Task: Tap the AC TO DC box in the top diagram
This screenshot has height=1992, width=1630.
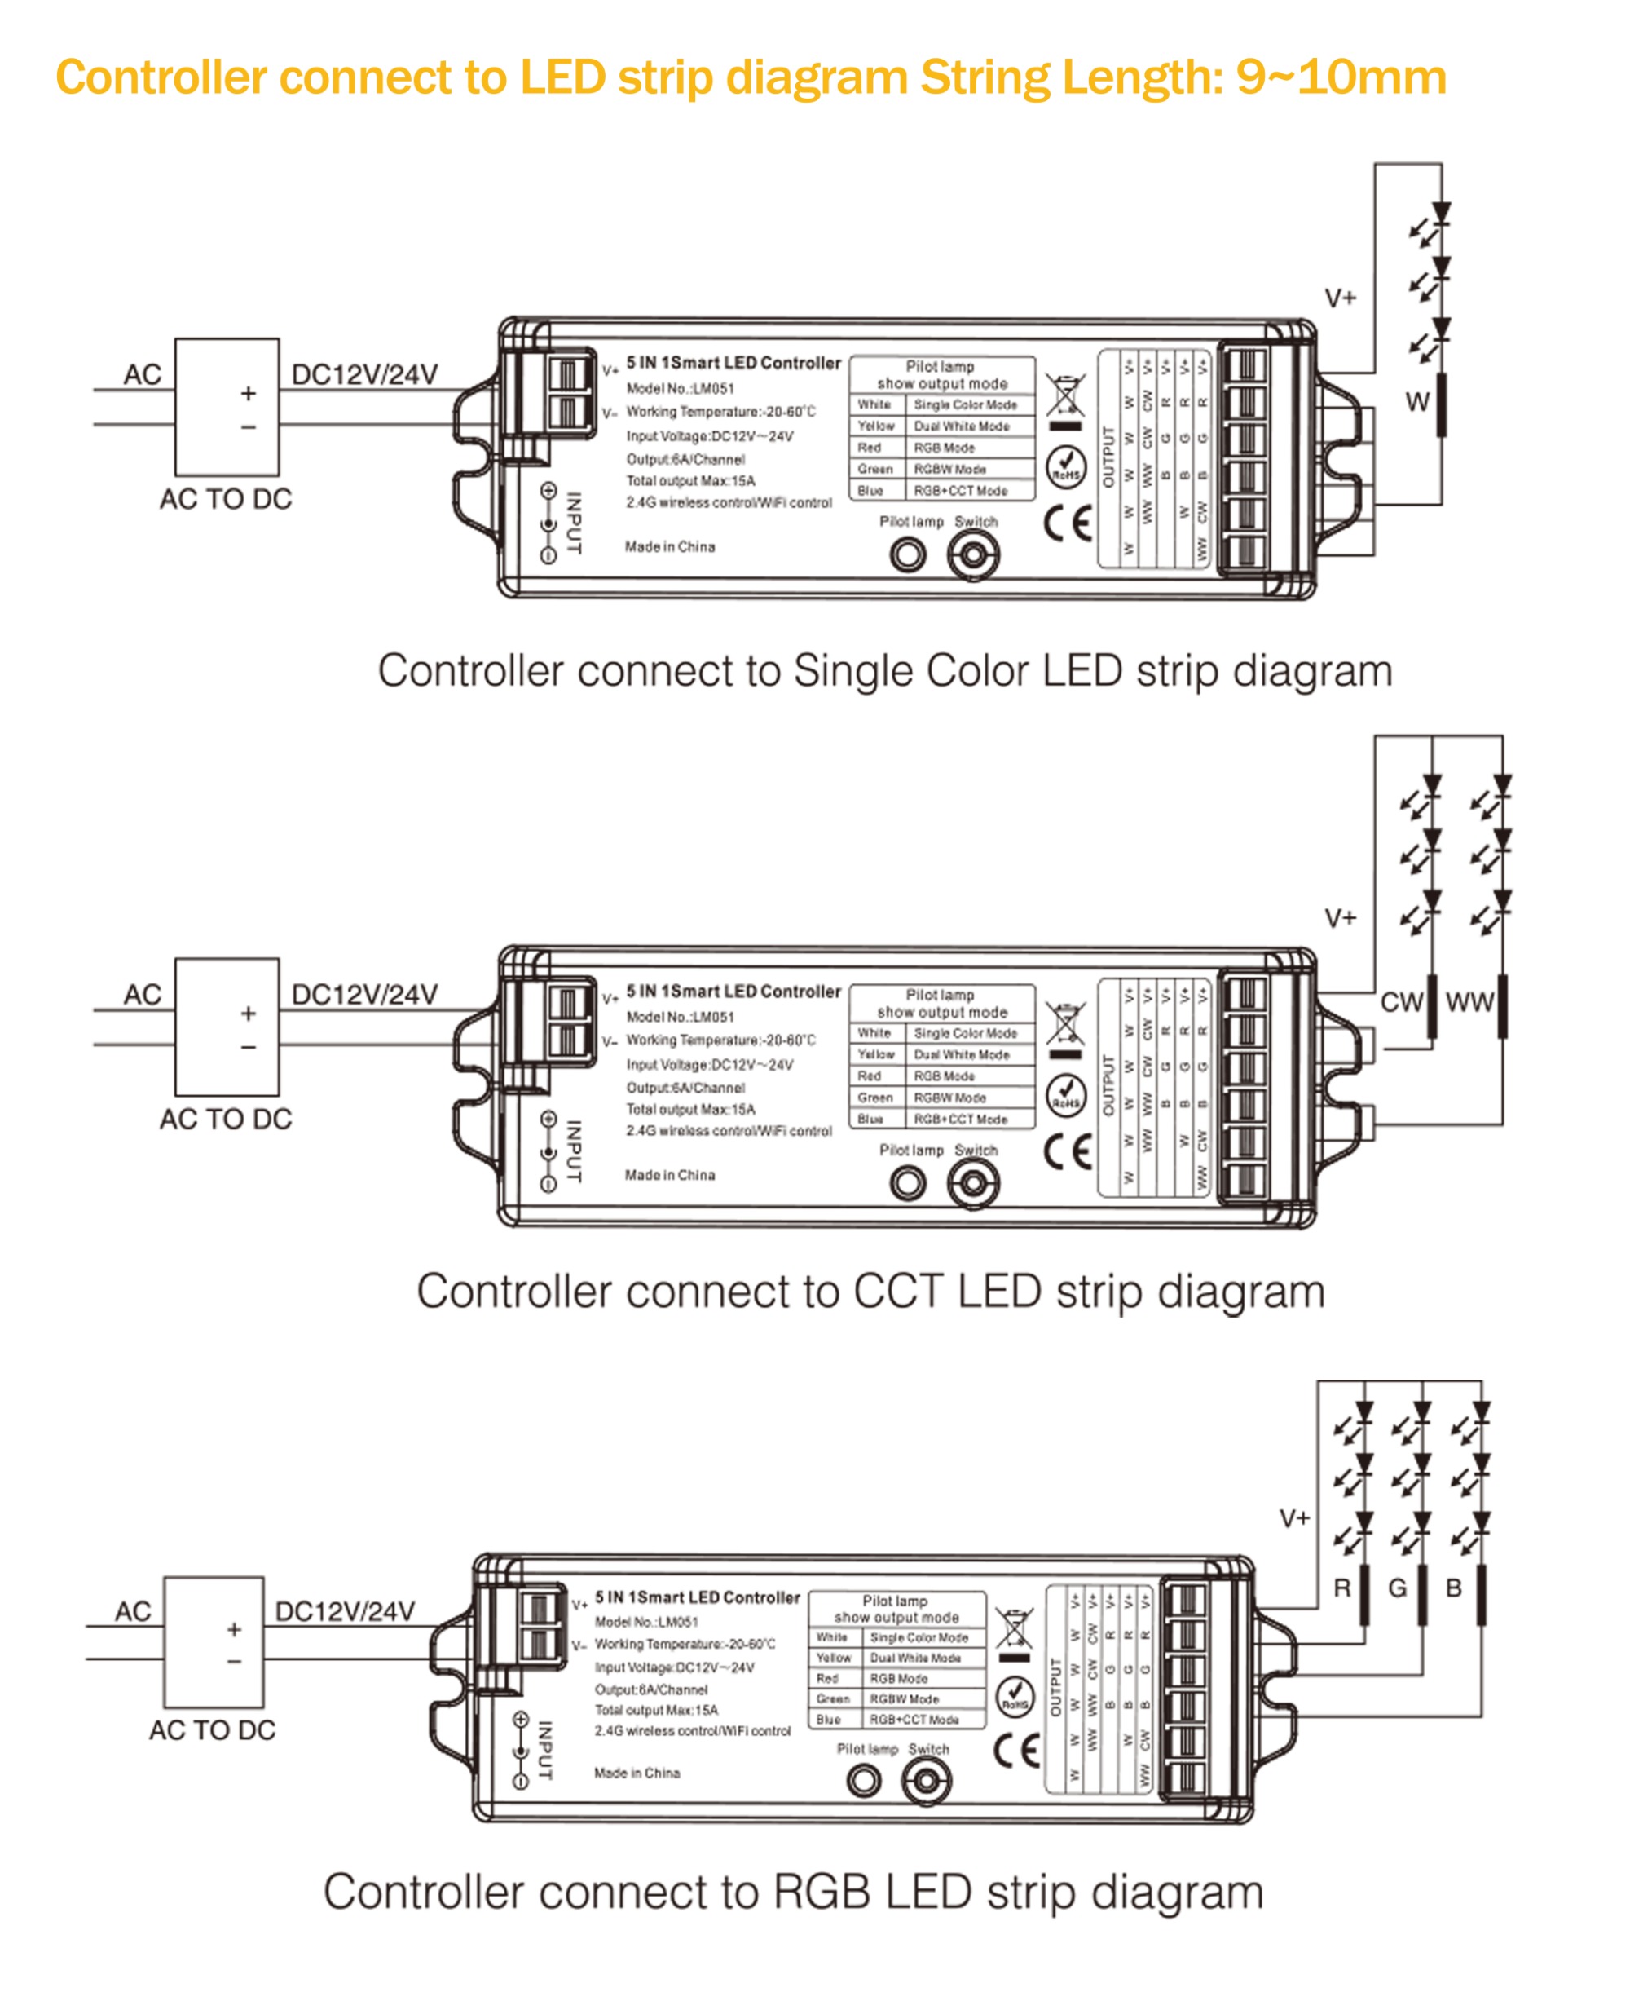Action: [x=227, y=407]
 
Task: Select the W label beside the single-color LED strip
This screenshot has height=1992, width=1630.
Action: [x=1416, y=402]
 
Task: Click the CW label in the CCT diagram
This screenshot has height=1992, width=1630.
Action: [x=1401, y=1002]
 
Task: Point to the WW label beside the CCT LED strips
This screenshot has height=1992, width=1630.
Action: [x=1469, y=1002]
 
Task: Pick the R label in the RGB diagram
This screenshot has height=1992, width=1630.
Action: [x=1341, y=1588]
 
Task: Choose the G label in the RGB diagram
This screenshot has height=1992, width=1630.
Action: [x=1397, y=1588]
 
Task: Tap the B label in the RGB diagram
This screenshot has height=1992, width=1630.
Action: [x=1453, y=1588]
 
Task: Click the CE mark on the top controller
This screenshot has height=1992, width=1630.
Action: [x=1068, y=523]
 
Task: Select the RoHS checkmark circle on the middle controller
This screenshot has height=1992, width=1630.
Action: [x=1066, y=1094]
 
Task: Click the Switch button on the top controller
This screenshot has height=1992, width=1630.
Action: [x=973, y=555]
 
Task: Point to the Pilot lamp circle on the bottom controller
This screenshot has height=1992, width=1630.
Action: [x=864, y=1780]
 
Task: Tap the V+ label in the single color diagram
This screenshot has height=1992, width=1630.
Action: [x=1340, y=298]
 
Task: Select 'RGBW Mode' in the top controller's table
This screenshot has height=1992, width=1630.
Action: [x=949, y=469]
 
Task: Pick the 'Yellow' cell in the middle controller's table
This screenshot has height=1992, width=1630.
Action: [x=875, y=1054]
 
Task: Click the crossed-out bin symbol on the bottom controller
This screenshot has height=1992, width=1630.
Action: [x=1013, y=1627]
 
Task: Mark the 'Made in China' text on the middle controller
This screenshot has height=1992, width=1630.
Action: [x=669, y=1175]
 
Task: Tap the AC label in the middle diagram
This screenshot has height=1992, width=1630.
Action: [x=142, y=994]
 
